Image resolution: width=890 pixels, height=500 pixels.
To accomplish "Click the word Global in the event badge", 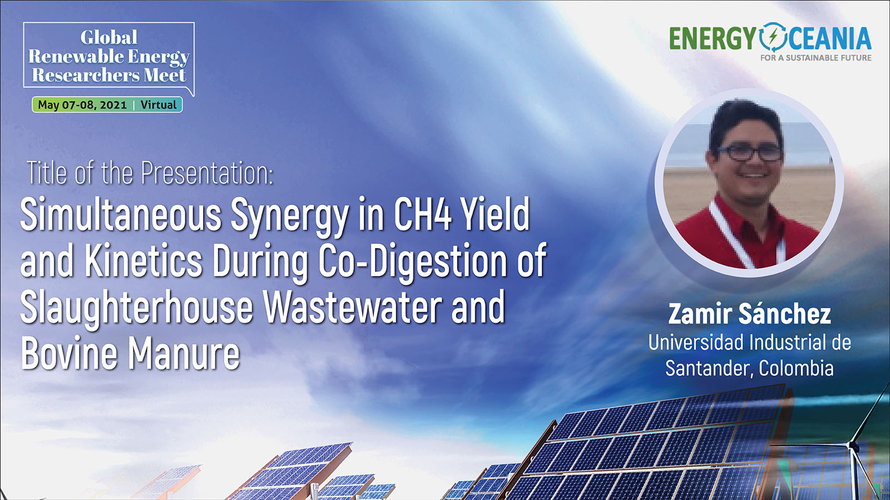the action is point(109,37).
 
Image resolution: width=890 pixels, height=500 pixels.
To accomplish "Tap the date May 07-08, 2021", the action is point(82,105).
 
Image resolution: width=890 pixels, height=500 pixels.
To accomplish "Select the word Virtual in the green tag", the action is point(158,105).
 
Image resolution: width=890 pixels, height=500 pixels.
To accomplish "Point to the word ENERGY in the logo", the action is point(712,38).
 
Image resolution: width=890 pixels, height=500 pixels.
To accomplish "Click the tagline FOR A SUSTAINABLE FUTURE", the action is point(815,58).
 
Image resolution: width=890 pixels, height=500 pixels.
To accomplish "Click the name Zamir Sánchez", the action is point(749,314).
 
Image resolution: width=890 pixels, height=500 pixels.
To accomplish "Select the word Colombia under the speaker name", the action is point(796,368).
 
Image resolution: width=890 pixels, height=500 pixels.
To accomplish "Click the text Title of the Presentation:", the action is point(150,173).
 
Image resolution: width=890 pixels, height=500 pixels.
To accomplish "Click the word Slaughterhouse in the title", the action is point(137,308).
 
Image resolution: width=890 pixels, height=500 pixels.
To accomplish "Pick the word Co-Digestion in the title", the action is point(413,262).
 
